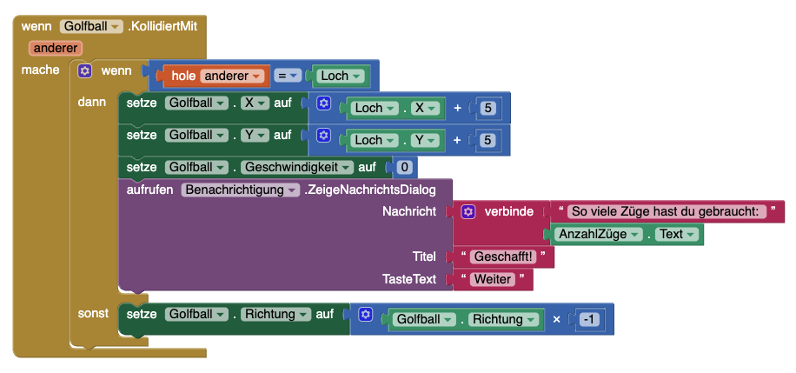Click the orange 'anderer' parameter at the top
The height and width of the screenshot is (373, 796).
coord(55,48)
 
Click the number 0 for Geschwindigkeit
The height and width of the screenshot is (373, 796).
coord(403,167)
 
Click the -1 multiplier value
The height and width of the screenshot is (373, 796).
coord(589,320)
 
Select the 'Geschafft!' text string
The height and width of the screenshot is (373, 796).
coord(504,256)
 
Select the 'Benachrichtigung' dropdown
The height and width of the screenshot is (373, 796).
coord(241,189)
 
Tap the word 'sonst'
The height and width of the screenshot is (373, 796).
coord(94,312)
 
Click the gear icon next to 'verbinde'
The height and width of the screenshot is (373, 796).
coord(468,211)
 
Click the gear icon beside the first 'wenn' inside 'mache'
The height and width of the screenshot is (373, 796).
coord(85,70)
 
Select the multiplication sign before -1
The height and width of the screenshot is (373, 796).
coord(557,320)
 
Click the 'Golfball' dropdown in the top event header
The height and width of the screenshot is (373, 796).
coord(92,27)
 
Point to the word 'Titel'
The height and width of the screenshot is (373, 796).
coord(424,256)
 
